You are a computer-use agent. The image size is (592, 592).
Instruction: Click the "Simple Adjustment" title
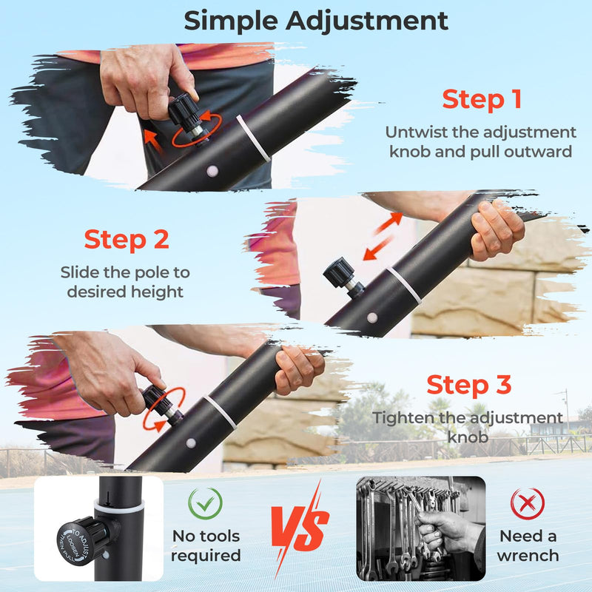click(x=316, y=20)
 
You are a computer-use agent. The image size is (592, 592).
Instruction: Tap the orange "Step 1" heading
click(x=482, y=99)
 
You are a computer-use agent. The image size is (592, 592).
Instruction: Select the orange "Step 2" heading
click(x=127, y=239)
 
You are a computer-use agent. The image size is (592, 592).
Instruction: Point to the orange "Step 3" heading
click(x=469, y=385)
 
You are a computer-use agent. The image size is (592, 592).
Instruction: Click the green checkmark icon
click(x=205, y=504)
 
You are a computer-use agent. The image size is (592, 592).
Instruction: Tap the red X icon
click(x=528, y=504)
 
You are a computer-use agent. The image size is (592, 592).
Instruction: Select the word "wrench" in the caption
click(x=528, y=555)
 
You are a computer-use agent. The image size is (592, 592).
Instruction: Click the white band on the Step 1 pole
click(x=254, y=138)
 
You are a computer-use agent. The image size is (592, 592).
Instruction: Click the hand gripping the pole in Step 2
click(x=497, y=229)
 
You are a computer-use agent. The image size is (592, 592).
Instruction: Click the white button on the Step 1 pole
click(x=212, y=171)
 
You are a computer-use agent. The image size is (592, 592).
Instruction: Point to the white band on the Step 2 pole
click(x=405, y=285)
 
